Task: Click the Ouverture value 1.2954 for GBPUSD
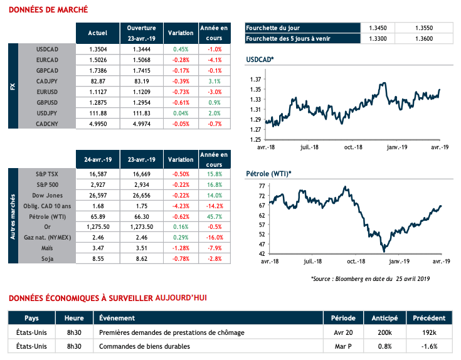(141, 103)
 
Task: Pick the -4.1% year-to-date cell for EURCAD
(215, 60)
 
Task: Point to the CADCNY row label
(47, 125)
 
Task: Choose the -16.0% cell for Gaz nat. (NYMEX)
(215, 237)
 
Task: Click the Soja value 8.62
(141, 259)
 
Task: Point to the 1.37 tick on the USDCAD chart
(255, 80)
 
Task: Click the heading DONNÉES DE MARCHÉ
(47, 9)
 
